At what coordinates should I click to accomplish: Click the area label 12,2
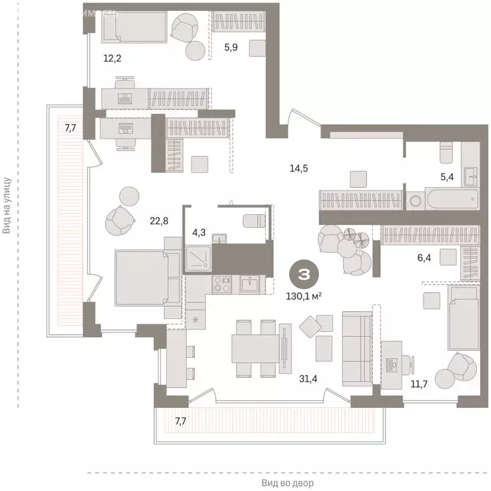pyautogui.click(x=113, y=58)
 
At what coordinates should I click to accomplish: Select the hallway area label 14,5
pyautogui.click(x=298, y=168)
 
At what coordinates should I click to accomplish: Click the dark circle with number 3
pyautogui.click(x=304, y=275)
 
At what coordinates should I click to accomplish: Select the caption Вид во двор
pyautogui.click(x=287, y=483)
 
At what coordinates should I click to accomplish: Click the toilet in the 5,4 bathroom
pyautogui.click(x=446, y=153)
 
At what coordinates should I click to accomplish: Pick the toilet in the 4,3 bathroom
pyautogui.click(x=254, y=221)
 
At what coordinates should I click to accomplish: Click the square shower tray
pyautogui.click(x=198, y=259)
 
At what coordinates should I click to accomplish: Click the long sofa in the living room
pyautogui.click(x=357, y=349)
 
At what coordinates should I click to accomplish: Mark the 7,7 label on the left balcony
pyautogui.click(x=70, y=128)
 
